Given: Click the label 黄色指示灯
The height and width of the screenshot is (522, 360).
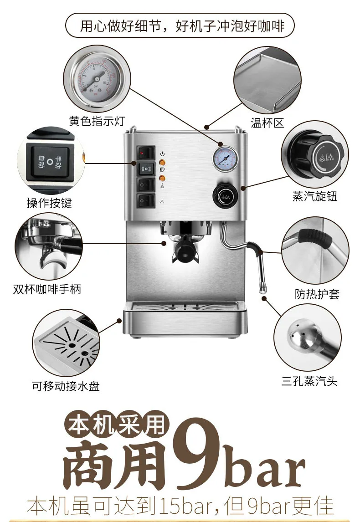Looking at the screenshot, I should (96, 121).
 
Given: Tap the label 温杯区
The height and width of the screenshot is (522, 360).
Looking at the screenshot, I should (267, 123).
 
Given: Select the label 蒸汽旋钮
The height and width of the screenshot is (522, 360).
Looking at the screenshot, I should (314, 196).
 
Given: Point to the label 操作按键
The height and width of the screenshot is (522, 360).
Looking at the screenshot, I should (49, 203).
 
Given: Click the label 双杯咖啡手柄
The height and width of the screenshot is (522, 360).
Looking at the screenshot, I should (47, 289).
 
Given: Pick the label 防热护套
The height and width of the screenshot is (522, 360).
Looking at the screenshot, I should (317, 294).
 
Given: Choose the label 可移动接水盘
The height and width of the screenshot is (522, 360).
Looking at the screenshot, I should (66, 386).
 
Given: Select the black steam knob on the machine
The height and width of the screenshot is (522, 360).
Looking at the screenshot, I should (225, 195).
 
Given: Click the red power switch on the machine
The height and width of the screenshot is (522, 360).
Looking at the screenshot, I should (146, 153).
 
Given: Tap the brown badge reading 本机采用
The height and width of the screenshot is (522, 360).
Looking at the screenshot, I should (116, 425).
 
